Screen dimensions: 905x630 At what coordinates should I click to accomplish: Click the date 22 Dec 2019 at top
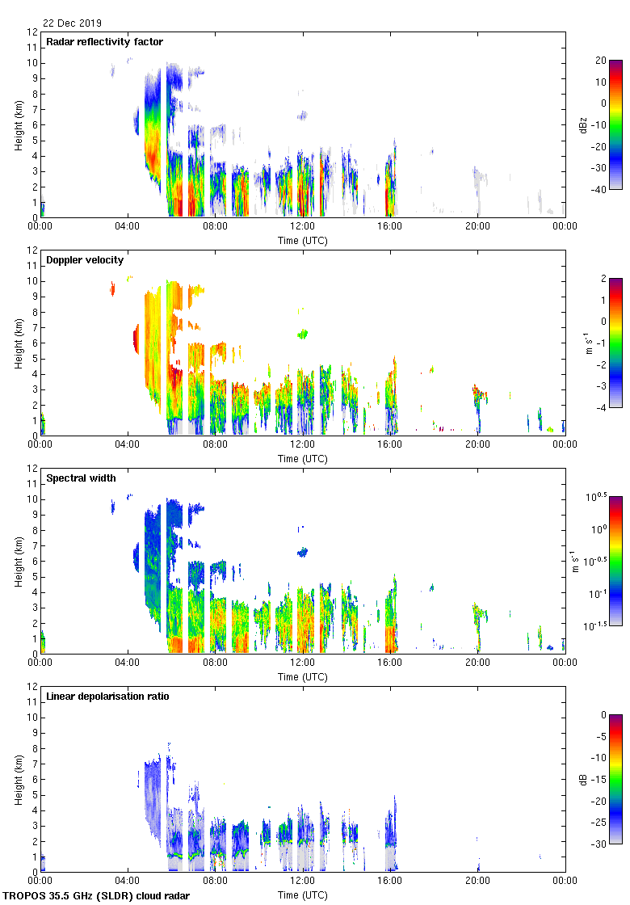[73, 23]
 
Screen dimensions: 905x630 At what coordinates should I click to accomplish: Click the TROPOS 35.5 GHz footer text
[97, 896]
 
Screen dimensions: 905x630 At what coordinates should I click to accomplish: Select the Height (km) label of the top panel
[19, 124]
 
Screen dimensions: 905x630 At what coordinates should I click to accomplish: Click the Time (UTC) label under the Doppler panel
[303, 459]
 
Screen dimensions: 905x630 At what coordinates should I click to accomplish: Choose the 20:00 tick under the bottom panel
[477, 882]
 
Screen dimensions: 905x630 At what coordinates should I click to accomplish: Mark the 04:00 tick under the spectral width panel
[128, 663]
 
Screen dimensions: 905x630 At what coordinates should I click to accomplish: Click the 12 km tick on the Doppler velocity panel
[32, 250]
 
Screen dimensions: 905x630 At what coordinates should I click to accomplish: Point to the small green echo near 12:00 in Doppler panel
[304, 333]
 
